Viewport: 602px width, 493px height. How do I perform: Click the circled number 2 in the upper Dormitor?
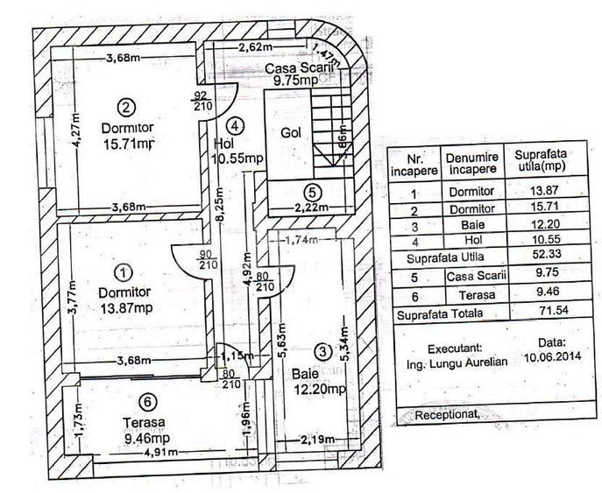(127, 108)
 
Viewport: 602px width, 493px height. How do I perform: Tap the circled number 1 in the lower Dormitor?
(124, 273)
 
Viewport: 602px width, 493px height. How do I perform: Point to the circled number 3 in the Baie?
(323, 352)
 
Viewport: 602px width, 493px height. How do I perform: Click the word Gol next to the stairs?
(293, 134)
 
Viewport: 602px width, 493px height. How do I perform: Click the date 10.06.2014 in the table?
(556, 356)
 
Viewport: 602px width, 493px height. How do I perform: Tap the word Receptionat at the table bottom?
(448, 415)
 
